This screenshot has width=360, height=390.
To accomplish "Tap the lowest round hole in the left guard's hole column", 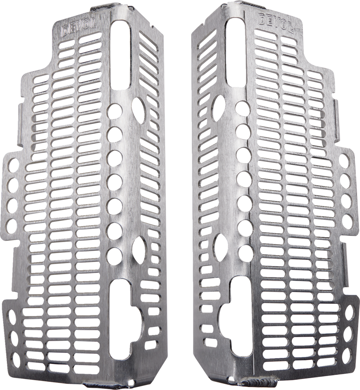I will [115, 255].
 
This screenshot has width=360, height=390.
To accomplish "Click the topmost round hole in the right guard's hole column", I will [243, 108].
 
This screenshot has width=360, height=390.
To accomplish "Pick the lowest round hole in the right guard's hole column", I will [244, 253].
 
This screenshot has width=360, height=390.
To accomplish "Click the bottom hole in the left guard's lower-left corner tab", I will [15, 359].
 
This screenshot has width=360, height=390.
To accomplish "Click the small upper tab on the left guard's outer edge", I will [21, 110].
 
